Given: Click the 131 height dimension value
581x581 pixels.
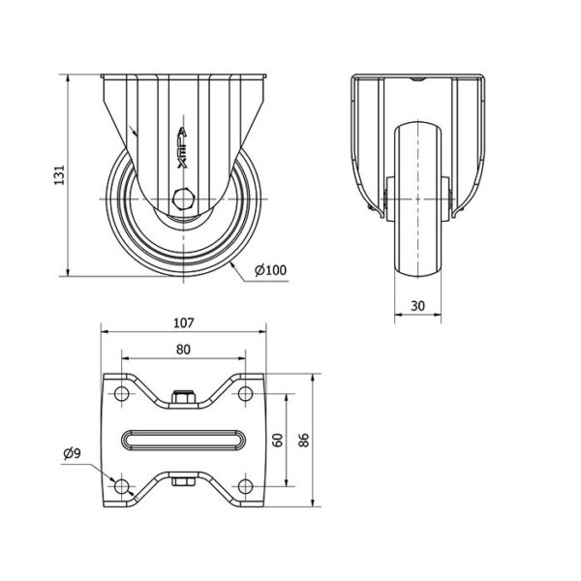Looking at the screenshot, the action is pyautogui.click(x=60, y=175).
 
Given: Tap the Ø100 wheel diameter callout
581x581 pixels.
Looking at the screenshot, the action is pyautogui.click(x=270, y=270).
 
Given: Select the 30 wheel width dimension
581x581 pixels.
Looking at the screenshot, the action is pyautogui.click(x=417, y=306).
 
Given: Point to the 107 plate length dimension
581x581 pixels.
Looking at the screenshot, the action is pyautogui.click(x=184, y=323).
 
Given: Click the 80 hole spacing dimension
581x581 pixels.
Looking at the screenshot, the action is pyautogui.click(x=183, y=350).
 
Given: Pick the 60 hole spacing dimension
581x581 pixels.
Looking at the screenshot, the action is pyautogui.click(x=278, y=440).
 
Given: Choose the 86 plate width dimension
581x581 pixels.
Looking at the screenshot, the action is pyautogui.click(x=304, y=440).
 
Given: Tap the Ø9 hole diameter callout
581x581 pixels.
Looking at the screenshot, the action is pyautogui.click(x=72, y=453).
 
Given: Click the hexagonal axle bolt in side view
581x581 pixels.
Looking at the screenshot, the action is pyautogui.click(x=183, y=199).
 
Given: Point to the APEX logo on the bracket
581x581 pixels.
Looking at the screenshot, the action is pyautogui.click(x=182, y=148).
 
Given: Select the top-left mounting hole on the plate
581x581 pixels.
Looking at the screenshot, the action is pyautogui.click(x=122, y=393).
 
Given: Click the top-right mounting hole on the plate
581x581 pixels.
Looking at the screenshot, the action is pyautogui.click(x=245, y=393).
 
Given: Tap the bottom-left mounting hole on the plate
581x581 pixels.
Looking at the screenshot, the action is pyautogui.click(x=122, y=486).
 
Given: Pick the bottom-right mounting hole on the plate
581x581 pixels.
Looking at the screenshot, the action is pyautogui.click(x=245, y=486).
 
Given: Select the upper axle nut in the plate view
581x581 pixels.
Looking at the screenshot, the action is pyautogui.click(x=183, y=397).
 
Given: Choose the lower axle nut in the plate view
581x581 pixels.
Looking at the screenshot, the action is pyautogui.click(x=183, y=481).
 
